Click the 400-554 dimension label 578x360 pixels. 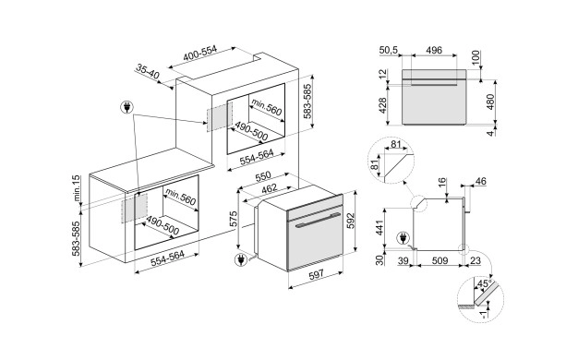pos(200,53)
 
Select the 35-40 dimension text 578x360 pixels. pos(148,72)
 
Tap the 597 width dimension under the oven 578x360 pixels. pos(316,274)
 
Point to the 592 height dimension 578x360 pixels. pos(350,220)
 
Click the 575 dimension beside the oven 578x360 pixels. pos(233,220)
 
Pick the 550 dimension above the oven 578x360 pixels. pos(263,177)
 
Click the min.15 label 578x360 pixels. pos(76,188)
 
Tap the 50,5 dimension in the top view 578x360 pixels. pos(389,50)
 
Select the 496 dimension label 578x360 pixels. pos(434,50)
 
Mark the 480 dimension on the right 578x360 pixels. pos(490,102)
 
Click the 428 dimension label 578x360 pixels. pos(382,105)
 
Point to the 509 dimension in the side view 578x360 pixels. pos(440,261)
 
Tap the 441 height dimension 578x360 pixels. pos(379,227)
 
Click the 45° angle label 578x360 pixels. pos(485,284)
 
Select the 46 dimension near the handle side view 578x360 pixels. pos(481,181)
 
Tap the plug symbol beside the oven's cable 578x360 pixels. pos(241,260)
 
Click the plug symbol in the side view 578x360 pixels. pos(403,238)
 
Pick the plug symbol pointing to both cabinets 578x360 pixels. pos(127,108)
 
